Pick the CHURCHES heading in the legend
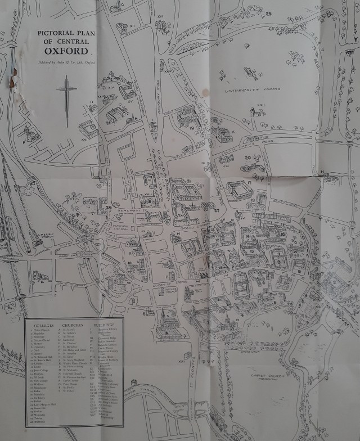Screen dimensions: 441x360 click(x=73, y=325)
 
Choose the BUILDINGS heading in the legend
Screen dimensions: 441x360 click(x=105, y=325)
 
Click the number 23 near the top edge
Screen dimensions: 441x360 click(x=269, y=13)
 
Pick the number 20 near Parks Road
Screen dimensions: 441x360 click(x=247, y=157)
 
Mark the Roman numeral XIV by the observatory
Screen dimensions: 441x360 click(x=103, y=88)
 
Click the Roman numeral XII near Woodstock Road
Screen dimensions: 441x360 click(x=133, y=25)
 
